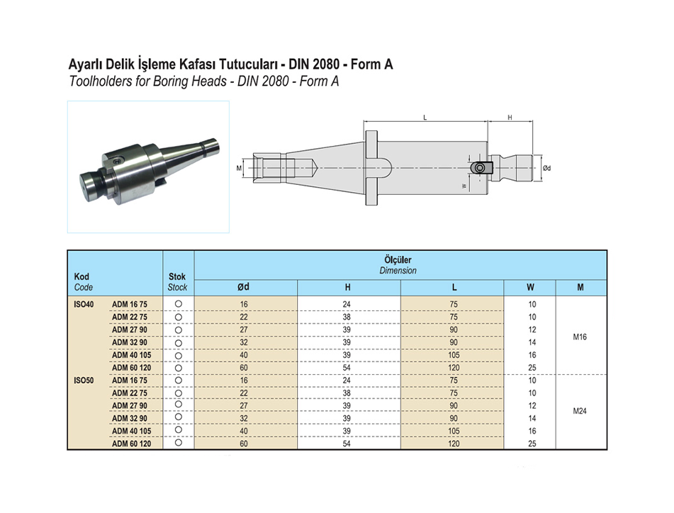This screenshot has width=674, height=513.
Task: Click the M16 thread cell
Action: pos(580,337)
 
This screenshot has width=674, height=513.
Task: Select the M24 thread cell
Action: pos(580,411)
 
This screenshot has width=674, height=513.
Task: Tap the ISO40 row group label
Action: pos(84,304)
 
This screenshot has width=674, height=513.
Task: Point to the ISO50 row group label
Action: pos(84,380)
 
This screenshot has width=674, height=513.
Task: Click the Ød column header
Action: pos(243,287)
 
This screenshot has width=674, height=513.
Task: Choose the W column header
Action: pos(530,288)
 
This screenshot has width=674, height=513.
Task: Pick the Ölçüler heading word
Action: pos(398,260)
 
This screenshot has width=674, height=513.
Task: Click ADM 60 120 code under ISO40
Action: pos(132,368)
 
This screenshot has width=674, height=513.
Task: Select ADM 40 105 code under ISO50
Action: pos(132,431)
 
